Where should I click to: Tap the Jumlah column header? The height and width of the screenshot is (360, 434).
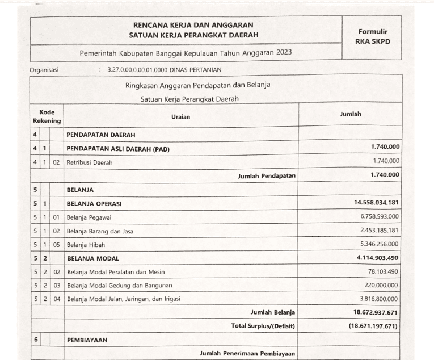click(350, 114)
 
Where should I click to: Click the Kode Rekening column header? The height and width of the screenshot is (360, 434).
click(47, 116)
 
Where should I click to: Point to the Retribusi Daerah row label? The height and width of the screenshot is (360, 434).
click(90, 162)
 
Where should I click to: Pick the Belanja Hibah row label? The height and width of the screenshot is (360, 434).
click(86, 244)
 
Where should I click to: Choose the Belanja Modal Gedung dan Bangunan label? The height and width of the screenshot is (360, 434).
click(120, 285)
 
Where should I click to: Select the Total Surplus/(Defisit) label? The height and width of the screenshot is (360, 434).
click(263, 326)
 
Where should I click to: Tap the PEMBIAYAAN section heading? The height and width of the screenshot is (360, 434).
click(89, 340)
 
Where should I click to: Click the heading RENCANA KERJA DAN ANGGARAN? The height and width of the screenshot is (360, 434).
click(193, 25)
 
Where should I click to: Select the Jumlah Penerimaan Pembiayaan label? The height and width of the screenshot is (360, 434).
click(247, 354)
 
